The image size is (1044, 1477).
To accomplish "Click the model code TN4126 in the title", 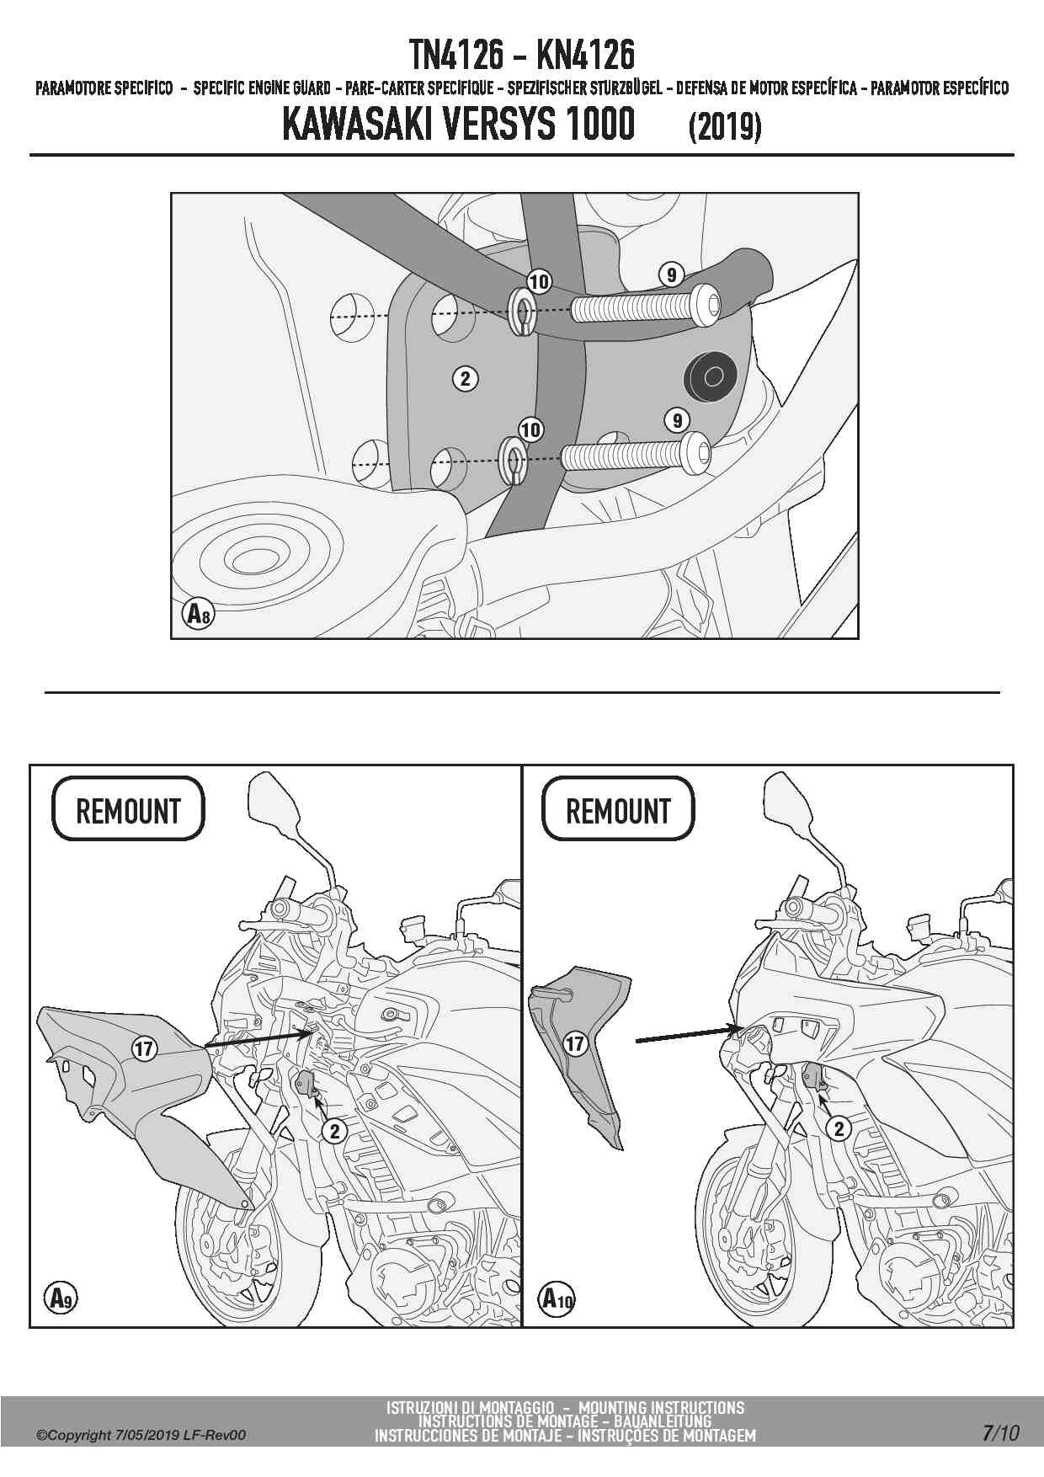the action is [456, 56].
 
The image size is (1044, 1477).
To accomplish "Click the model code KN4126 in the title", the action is [585, 56].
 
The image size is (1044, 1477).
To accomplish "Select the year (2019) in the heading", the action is [725, 127].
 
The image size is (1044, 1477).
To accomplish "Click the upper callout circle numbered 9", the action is [671, 275].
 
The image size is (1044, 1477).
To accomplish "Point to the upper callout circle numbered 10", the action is [539, 281].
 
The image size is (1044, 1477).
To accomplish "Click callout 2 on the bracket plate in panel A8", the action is [466, 378].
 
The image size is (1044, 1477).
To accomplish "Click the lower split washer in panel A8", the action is [512, 461].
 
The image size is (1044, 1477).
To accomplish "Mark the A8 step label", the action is [198, 614].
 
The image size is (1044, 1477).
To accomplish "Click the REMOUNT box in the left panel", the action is [128, 810].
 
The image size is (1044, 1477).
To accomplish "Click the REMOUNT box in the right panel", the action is [618, 810].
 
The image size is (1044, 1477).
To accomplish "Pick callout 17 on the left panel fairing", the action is [144, 1048].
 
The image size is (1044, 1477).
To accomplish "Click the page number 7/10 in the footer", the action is [1000, 1432].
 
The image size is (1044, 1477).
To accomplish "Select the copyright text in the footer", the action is [141, 1435].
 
